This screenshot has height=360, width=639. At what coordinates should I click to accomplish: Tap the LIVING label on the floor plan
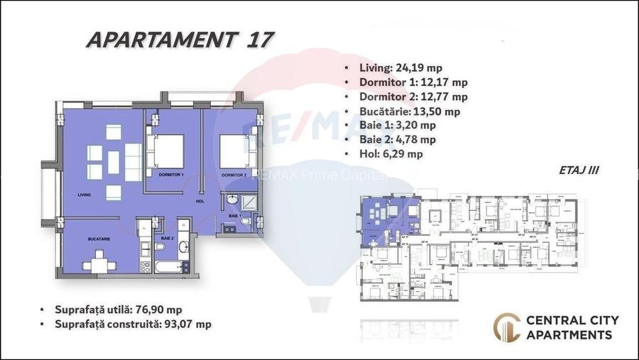point(86,194)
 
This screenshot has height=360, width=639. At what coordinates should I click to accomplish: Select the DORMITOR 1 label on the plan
point(171,175)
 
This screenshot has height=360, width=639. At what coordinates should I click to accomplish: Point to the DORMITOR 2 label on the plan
point(234,175)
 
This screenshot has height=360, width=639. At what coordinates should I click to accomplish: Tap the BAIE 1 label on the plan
point(234,214)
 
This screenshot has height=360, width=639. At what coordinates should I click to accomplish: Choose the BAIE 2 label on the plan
point(168,238)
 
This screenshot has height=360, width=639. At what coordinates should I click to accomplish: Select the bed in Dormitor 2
point(234,149)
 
